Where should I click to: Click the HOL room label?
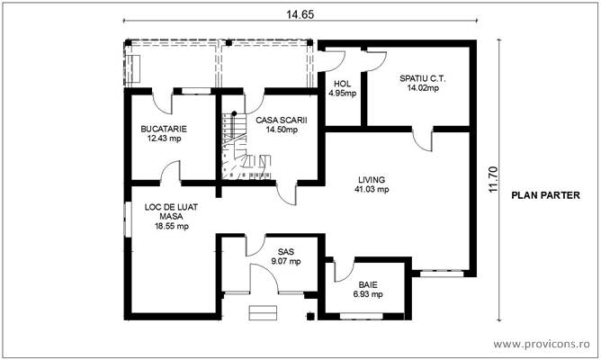point(342,84)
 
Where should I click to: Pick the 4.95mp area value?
point(342,93)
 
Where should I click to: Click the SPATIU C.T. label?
point(422,78)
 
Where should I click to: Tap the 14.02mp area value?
point(422,87)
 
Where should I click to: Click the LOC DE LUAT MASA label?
point(172,211)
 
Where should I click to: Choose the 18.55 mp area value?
point(172,227)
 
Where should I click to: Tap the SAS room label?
point(285,252)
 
